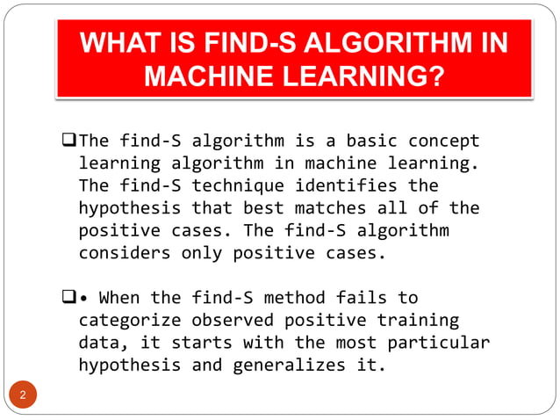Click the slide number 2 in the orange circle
[x=24, y=395]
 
